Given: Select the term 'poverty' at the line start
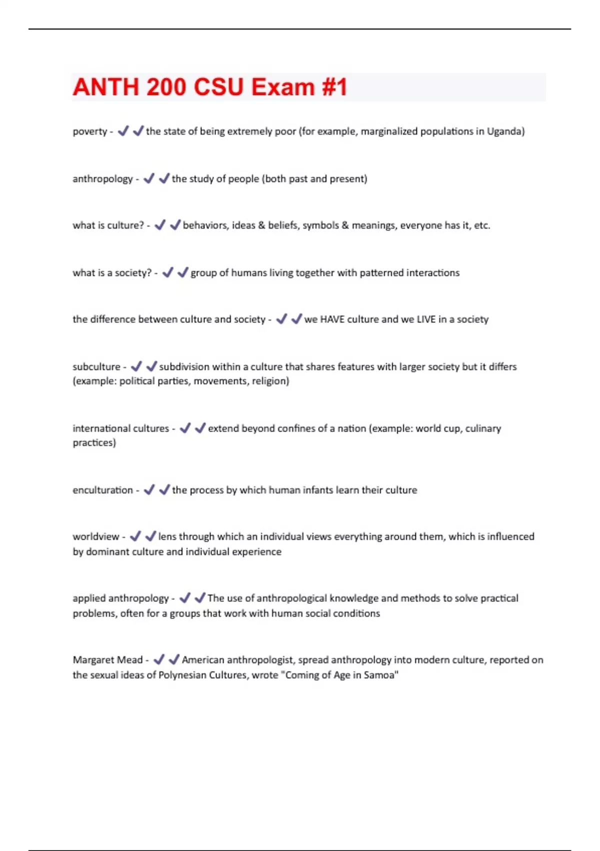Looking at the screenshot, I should click(90, 132).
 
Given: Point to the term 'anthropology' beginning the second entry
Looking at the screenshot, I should click(102, 179).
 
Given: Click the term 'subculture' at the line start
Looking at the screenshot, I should click(96, 367).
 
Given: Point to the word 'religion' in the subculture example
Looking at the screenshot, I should click(270, 381).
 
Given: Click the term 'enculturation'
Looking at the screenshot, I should click(102, 490).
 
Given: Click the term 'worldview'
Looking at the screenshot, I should click(96, 537).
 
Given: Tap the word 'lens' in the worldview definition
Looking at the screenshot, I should click(167, 537).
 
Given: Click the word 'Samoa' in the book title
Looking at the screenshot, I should click(381, 675).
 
